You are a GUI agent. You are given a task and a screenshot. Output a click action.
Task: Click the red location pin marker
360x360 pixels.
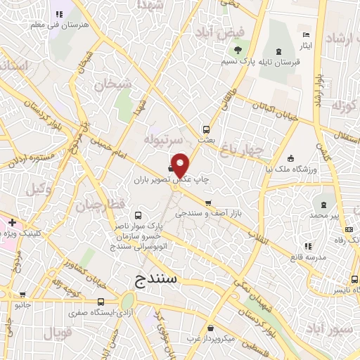(181, 165)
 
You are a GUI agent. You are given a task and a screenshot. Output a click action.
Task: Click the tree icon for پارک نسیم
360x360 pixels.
(237, 50)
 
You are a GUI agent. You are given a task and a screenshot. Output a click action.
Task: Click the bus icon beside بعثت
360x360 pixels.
(206, 129)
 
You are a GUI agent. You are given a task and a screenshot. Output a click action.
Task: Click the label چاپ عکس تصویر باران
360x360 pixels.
(164, 179)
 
